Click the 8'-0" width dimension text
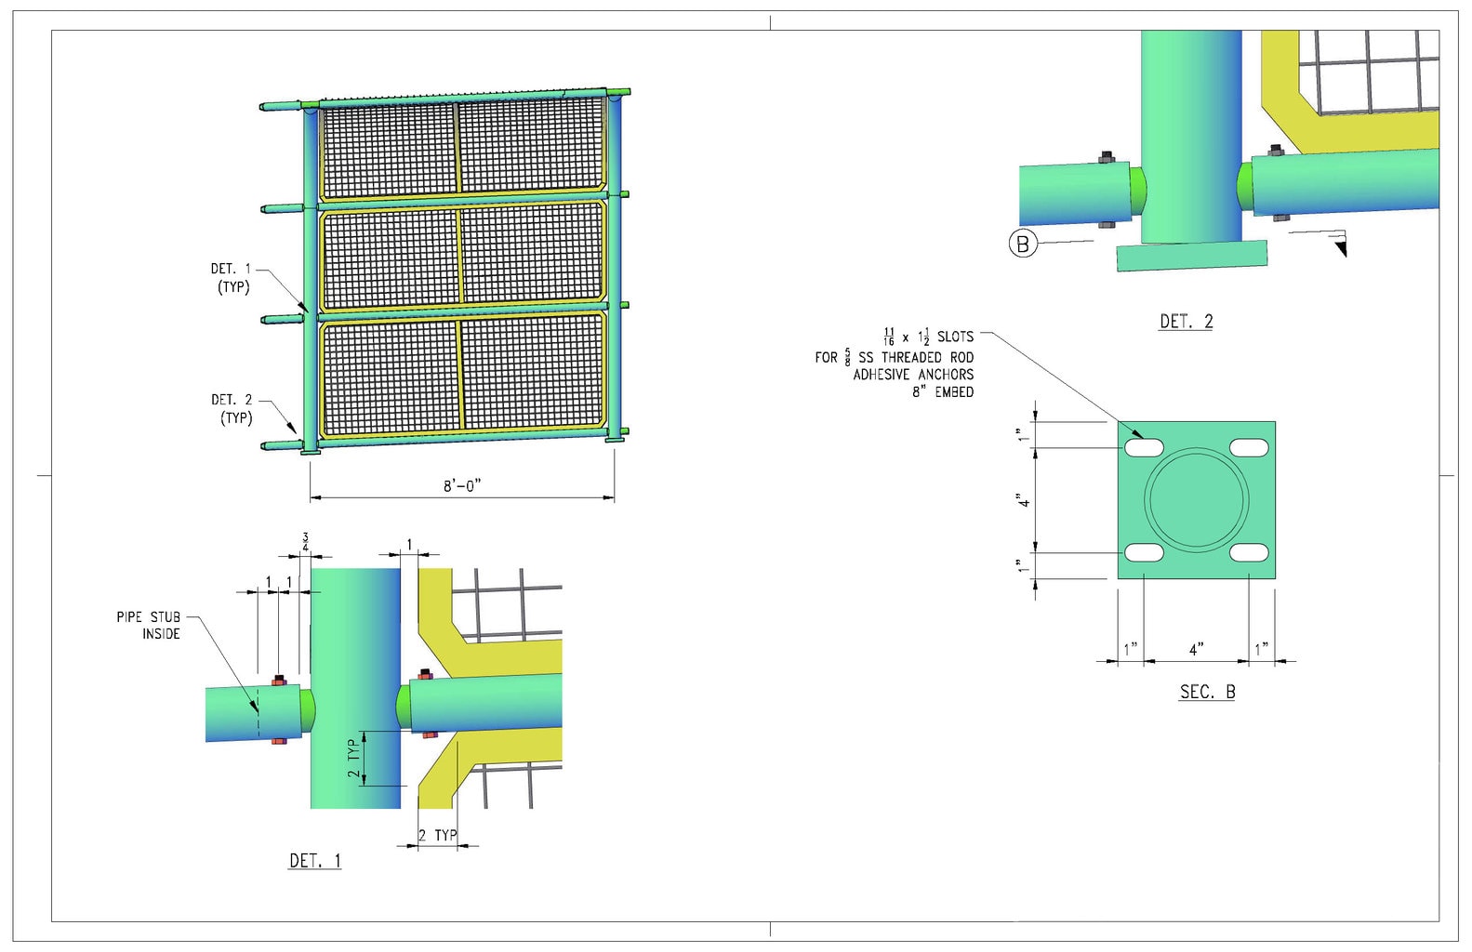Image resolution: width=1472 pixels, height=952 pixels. [462, 485]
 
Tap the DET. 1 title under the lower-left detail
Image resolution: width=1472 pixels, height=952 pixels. [315, 860]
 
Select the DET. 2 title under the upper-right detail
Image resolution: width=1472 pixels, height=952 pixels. [1187, 322]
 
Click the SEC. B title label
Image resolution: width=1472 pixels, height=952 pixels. [1207, 692]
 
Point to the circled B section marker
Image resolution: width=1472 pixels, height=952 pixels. [1023, 244]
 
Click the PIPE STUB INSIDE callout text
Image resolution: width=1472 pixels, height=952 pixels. [149, 626]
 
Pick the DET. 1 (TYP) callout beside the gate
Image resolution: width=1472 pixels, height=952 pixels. [232, 278]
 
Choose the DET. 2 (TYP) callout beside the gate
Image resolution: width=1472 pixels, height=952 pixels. [232, 409]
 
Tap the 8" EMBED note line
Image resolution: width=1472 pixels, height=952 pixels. [943, 392]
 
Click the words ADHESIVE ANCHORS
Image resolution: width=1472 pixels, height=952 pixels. [913, 375]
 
